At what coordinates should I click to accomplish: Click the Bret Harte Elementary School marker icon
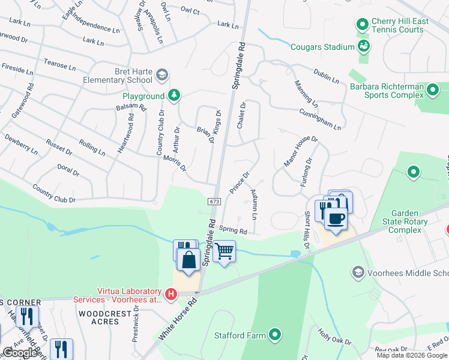click(161, 75)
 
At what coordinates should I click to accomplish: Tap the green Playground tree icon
click(173, 95)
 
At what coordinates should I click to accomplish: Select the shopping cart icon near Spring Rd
click(224, 251)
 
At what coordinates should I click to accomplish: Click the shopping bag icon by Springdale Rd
click(188, 260)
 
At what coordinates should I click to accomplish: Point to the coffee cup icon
click(336, 218)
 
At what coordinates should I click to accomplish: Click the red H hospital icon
click(171, 294)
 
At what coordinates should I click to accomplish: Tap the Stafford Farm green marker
click(275, 334)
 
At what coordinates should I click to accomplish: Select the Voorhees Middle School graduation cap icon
click(358, 273)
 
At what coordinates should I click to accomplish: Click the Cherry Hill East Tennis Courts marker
click(362, 25)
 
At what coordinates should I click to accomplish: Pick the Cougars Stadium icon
click(363, 46)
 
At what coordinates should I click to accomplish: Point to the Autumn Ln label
click(255, 204)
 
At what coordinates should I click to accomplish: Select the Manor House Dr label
click(300, 151)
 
